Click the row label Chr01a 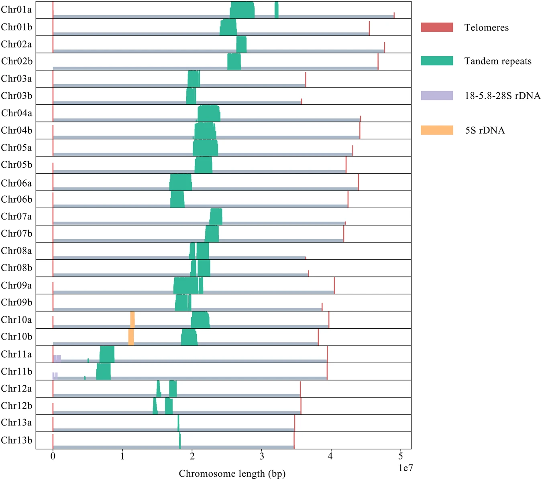tap(16, 10)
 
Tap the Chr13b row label tap(16, 440)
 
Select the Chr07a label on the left tap(16, 217)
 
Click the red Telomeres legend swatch tap(437, 27)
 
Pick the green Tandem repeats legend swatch tap(437, 61)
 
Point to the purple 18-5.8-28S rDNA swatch tap(437, 96)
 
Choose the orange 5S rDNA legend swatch tap(437, 130)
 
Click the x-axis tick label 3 tap(262, 456)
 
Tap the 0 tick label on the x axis tap(53, 456)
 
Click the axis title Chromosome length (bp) tap(232, 474)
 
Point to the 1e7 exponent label tap(405, 468)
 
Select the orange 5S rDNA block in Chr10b tap(131, 337)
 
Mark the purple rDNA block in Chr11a tap(57, 358)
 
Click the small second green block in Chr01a tap(277, 10)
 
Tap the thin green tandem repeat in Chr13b tap(180, 440)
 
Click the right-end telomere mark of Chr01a tap(394, 15)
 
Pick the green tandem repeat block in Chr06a tap(181, 182)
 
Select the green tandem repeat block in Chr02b tap(234, 61)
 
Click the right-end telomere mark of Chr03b tap(302, 101)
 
